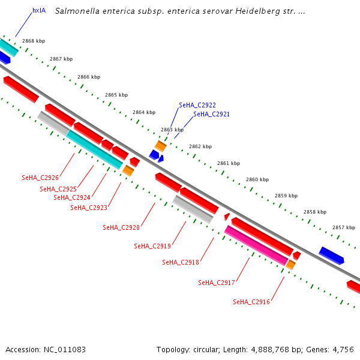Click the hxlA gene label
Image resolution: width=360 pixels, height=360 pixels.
(39, 10)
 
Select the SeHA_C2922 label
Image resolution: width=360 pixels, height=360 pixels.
(197, 105)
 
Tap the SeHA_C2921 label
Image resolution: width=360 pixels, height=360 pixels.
(211, 114)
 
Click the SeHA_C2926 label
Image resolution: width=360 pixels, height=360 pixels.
(40, 178)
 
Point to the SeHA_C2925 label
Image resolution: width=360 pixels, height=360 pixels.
(58, 189)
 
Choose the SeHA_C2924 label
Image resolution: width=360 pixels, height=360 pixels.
(72, 197)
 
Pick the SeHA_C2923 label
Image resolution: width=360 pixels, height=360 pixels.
(89, 208)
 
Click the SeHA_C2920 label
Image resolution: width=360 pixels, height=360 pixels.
(121, 227)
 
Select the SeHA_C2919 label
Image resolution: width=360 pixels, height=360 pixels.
(152, 246)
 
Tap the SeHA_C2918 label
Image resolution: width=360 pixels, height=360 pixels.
(181, 262)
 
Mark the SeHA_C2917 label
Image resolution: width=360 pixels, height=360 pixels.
(217, 283)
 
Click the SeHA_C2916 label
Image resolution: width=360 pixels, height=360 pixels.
(251, 302)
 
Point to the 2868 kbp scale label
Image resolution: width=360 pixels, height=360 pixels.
(34, 41)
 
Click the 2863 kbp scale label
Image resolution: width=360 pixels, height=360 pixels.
(172, 130)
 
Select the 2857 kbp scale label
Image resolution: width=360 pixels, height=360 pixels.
(344, 227)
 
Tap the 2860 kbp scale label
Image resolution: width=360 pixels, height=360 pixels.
(257, 179)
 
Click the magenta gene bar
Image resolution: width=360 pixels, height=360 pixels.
(256, 246)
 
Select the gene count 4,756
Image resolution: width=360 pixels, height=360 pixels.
(344, 349)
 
